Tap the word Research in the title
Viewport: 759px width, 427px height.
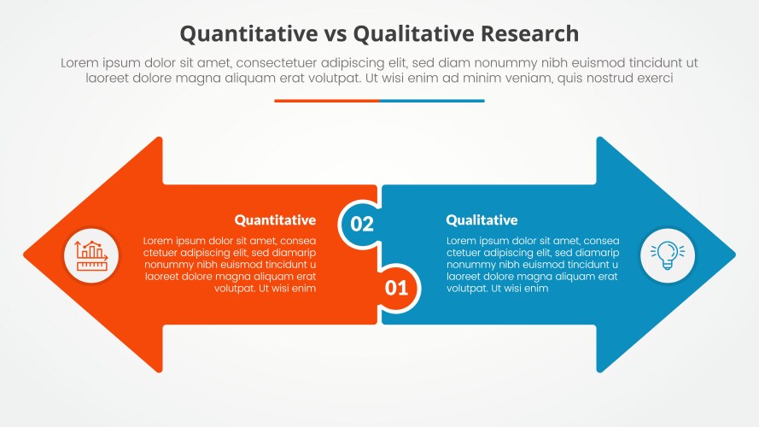(529, 34)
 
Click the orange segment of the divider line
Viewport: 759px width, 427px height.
(326, 101)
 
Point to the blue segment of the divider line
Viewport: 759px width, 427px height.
(432, 101)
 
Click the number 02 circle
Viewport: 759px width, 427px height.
(362, 224)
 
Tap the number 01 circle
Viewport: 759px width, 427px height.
(396, 288)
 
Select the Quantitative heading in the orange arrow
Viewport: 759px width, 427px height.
(275, 220)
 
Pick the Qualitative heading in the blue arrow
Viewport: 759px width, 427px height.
(482, 220)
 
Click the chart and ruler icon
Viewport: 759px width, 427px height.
(91, 255)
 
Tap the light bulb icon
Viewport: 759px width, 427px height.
(668, 255)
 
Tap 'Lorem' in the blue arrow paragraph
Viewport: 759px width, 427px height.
(464, 241)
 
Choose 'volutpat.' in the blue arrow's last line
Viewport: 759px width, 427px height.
(467, 289)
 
